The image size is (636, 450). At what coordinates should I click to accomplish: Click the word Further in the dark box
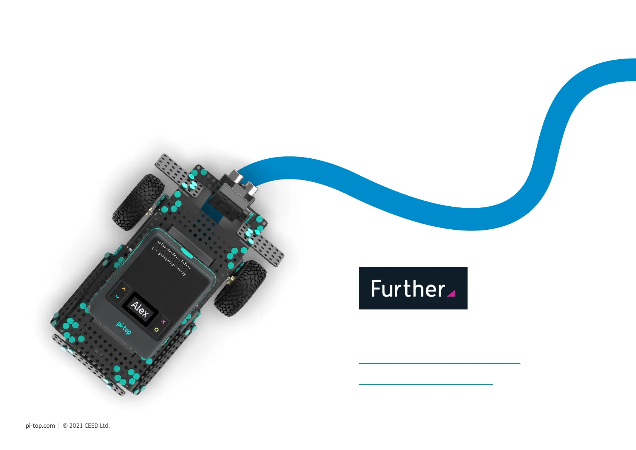(x=408, y=289)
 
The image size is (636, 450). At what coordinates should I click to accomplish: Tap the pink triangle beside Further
(x=451, y=293)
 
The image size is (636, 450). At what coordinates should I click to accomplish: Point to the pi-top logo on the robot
(x=124, y=328)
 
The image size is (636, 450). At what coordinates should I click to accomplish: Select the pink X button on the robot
(x=163, y=322)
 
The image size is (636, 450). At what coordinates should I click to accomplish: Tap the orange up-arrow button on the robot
(x=124, y=289)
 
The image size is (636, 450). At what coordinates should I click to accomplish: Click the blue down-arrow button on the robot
(x=118, y=297)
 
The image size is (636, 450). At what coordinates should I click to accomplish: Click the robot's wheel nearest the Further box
(x=241, y=288)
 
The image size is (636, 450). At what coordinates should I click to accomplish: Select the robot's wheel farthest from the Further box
(x=138, y=202)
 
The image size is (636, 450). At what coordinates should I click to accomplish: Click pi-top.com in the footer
(x=40, y=425)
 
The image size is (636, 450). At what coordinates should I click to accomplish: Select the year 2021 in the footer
(x=76, y=425)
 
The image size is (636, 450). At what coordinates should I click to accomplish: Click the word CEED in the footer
(x=91, y=425)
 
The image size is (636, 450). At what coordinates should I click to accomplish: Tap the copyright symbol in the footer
(x=65, y=425)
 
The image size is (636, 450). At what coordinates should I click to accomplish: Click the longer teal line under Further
(x=439, y=363)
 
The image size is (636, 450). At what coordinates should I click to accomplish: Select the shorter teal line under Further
(x=426, y=384)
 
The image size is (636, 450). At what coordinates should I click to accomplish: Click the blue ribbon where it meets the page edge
(x=631, y=70)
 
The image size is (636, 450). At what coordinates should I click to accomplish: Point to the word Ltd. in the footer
(x=105, y=425)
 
